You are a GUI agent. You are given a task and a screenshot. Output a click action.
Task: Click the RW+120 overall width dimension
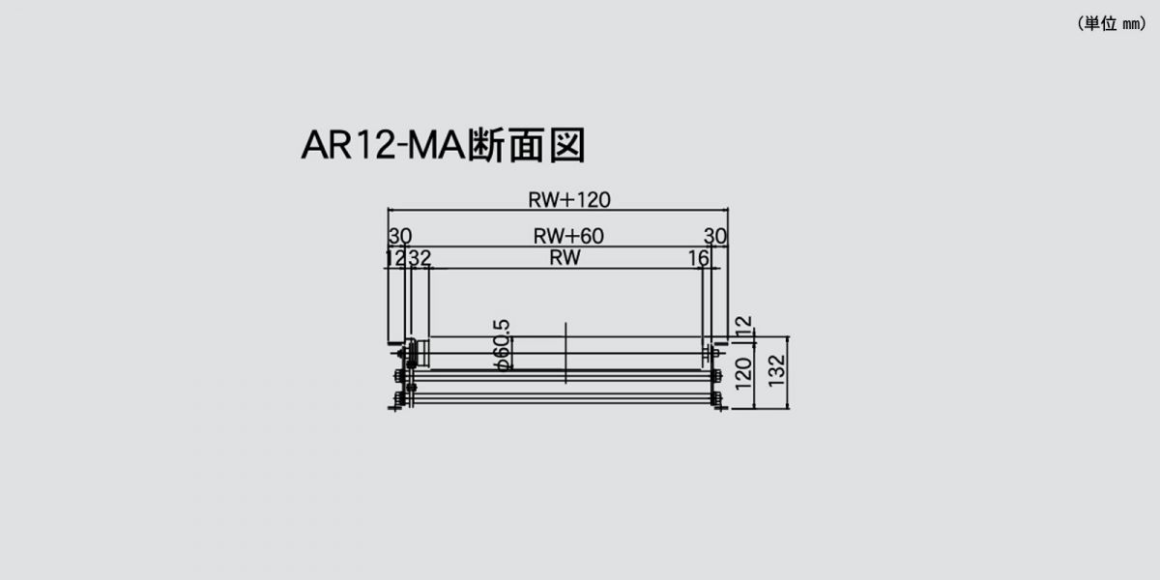click(569, 200)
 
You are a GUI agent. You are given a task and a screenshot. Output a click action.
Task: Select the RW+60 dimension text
click(568, 236)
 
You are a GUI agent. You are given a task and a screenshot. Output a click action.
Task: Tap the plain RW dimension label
click(565, 257)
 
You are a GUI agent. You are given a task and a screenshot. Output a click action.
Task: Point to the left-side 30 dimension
click(400, 236)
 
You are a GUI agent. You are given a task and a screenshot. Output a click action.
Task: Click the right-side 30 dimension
click(715, 236)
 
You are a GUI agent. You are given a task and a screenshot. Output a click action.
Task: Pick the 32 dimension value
click(420, 258)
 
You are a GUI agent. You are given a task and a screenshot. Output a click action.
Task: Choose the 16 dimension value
click(699, 258)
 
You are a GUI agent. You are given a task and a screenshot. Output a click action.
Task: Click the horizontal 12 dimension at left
click(396, 258)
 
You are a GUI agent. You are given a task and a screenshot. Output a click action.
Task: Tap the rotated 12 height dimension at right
click(743, 325)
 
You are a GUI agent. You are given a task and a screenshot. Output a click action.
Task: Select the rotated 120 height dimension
click(743, 373)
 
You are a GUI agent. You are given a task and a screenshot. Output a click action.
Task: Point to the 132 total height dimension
click(777, 371)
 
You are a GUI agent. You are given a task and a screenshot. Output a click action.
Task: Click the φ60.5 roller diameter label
click(502, 345)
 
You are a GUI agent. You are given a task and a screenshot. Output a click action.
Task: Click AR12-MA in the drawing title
click(383, 145)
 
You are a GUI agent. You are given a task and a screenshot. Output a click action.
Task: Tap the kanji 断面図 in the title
click(527, 145)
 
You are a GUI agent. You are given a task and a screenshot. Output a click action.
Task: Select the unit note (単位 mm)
click(1112, 23)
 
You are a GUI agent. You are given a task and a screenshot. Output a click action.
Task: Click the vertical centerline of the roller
click(565, 353)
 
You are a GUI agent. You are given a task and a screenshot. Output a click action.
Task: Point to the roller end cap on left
click(420, 353)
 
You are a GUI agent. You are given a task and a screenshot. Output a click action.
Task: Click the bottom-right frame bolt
click(716, 399)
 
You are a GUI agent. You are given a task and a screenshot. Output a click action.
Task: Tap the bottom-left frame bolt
click(399, 399)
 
